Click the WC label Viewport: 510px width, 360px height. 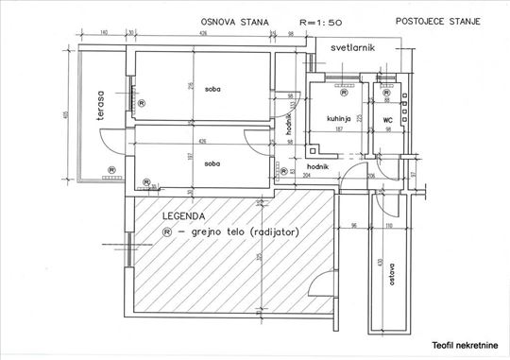[x=387, y=120]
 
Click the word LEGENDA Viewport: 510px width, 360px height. [x=183, y=215]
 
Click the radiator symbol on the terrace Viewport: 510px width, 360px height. [x=111, y=171]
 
